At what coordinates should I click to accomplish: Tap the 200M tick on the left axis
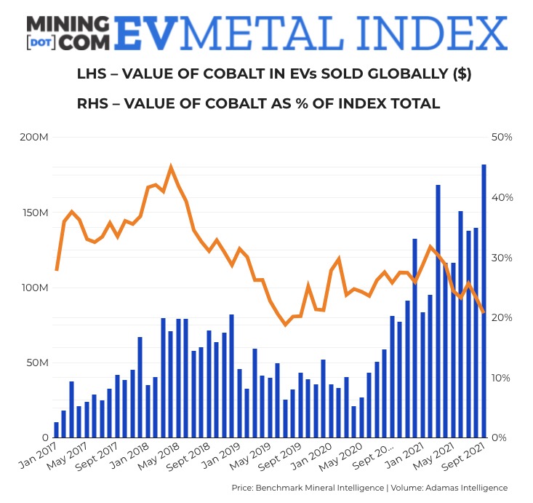(33, 138)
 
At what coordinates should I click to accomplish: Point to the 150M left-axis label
(34, 213)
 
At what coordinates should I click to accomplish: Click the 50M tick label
(36, 363)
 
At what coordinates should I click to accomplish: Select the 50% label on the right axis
(502, 138)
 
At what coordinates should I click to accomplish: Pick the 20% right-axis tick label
(502, 317)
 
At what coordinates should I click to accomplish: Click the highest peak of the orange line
(171, 168)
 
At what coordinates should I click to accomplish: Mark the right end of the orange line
(484, 312)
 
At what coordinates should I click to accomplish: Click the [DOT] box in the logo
(40, 41)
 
